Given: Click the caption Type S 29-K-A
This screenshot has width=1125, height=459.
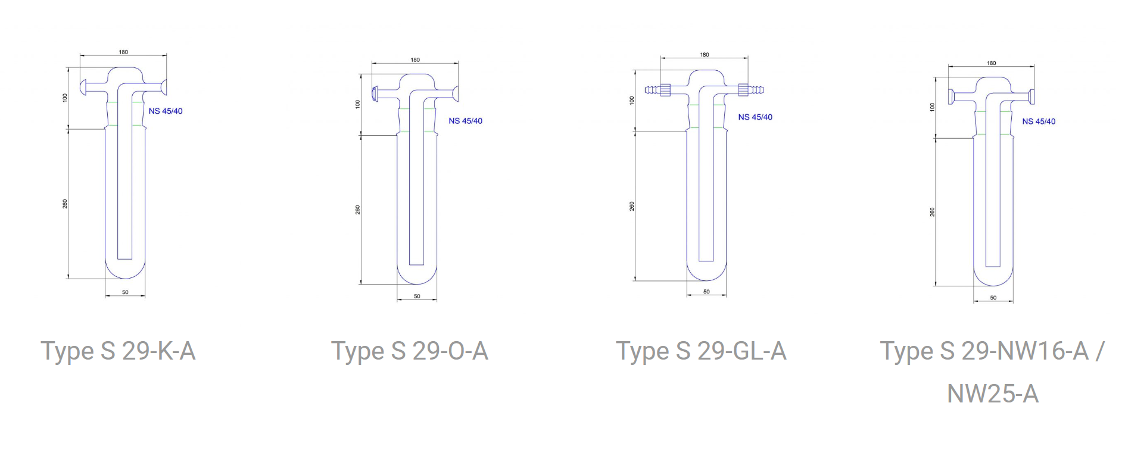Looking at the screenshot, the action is point(118,351).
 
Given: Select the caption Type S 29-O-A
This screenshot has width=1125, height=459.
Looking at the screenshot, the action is point(410,351).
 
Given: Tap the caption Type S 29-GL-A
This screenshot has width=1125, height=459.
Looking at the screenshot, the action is point(701,351).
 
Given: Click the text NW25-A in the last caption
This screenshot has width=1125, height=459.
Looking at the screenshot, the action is point(993,394).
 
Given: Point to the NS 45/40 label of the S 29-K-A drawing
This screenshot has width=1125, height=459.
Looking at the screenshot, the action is point(166,111).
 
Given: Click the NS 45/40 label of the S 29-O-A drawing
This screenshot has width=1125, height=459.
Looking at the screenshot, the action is point(465,121).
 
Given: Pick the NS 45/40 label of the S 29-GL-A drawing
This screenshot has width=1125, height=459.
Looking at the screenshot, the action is point(755,117).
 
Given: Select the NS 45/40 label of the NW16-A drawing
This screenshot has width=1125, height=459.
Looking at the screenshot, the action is point(1039,121).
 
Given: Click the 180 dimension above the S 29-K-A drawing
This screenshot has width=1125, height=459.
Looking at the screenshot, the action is point(123,52).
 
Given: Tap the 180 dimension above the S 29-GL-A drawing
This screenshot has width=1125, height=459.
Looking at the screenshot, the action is point(705,55).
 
